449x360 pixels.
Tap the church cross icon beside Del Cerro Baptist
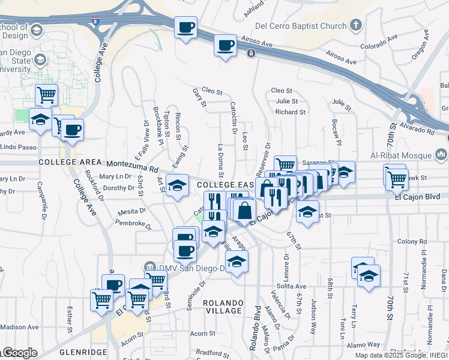tap(357, 25)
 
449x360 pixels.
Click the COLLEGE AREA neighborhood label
tap(67, 163)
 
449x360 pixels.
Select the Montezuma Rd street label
tap(133, 166)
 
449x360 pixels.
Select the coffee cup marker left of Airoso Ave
tap(226, 46)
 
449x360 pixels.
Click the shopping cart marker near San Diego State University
tap(46, 94)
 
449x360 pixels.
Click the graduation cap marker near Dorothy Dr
tap(177, 186)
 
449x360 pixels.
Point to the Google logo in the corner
tap(19, 353)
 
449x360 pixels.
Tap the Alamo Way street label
tap(364, 344)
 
